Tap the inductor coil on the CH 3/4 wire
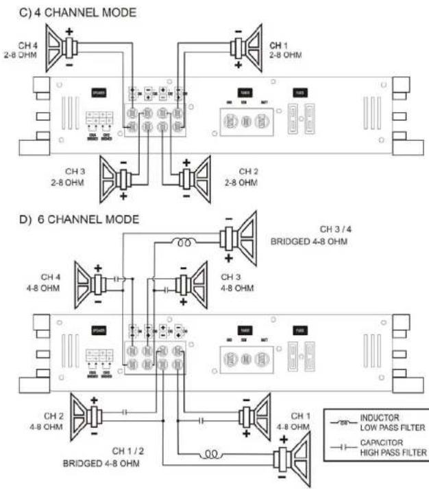coord(184,241)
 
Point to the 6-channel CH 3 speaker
coord(189,284)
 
